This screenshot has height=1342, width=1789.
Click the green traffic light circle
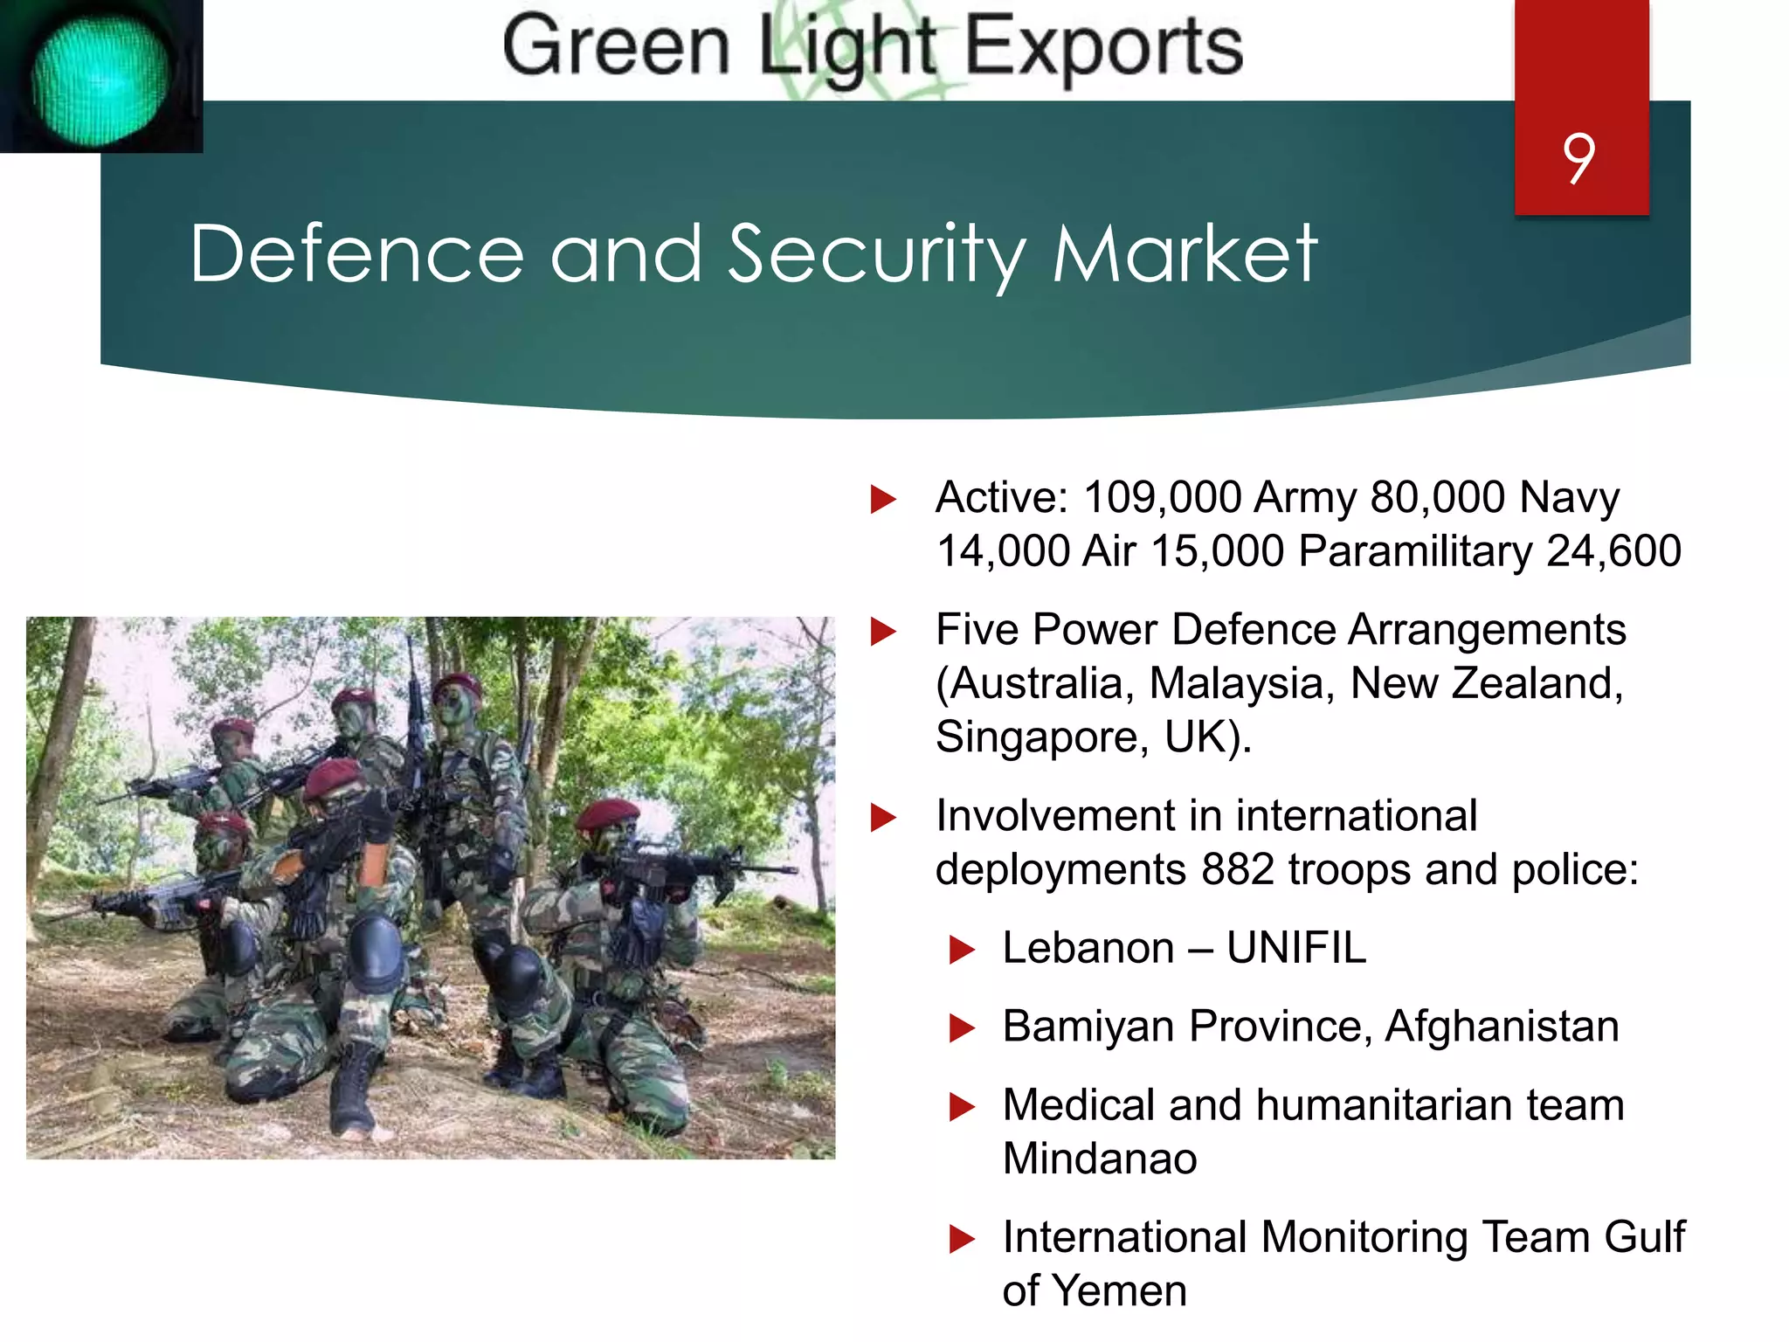tap(100, 77)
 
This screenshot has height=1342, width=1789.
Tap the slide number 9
tap(1579, 158)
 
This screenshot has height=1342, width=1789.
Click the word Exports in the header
tap(1103, 47)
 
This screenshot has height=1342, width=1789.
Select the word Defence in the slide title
tap(357, 254)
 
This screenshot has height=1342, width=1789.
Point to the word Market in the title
tap(1185, 254)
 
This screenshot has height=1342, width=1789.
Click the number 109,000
tap(1162, 498)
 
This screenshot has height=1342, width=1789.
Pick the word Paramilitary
tap(1415, 551)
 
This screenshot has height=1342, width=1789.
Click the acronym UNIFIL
tap(1296, 948)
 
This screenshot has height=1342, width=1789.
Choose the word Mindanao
tap(1100, 1159)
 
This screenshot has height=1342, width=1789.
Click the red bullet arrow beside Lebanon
tap(962, 950)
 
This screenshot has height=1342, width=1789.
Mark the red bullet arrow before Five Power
tap(883, 631)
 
